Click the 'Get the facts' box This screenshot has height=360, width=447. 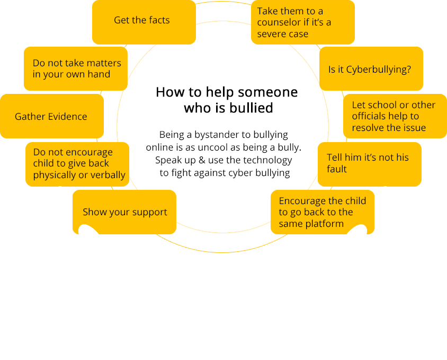click(x=143, y=21)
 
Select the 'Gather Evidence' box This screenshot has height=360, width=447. click(x=51, y=117)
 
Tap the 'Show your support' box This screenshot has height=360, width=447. click(x=124, y=212)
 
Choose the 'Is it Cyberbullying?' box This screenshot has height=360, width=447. click(x=371, y=69)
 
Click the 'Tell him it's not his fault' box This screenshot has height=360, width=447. click(x=369, y=163)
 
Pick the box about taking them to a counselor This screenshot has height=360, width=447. click(x=302, y=22)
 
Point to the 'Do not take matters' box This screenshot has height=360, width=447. click(x=76, y=68)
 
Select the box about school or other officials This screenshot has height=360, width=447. click(x=394, y=116)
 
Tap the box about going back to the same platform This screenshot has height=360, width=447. click(x=322, y=212)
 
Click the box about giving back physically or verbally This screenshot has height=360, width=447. click(x=77, y=163)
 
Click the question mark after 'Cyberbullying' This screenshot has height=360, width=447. click(x=408, y=69)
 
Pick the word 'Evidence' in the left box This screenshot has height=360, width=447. click(x=67, y=117)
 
